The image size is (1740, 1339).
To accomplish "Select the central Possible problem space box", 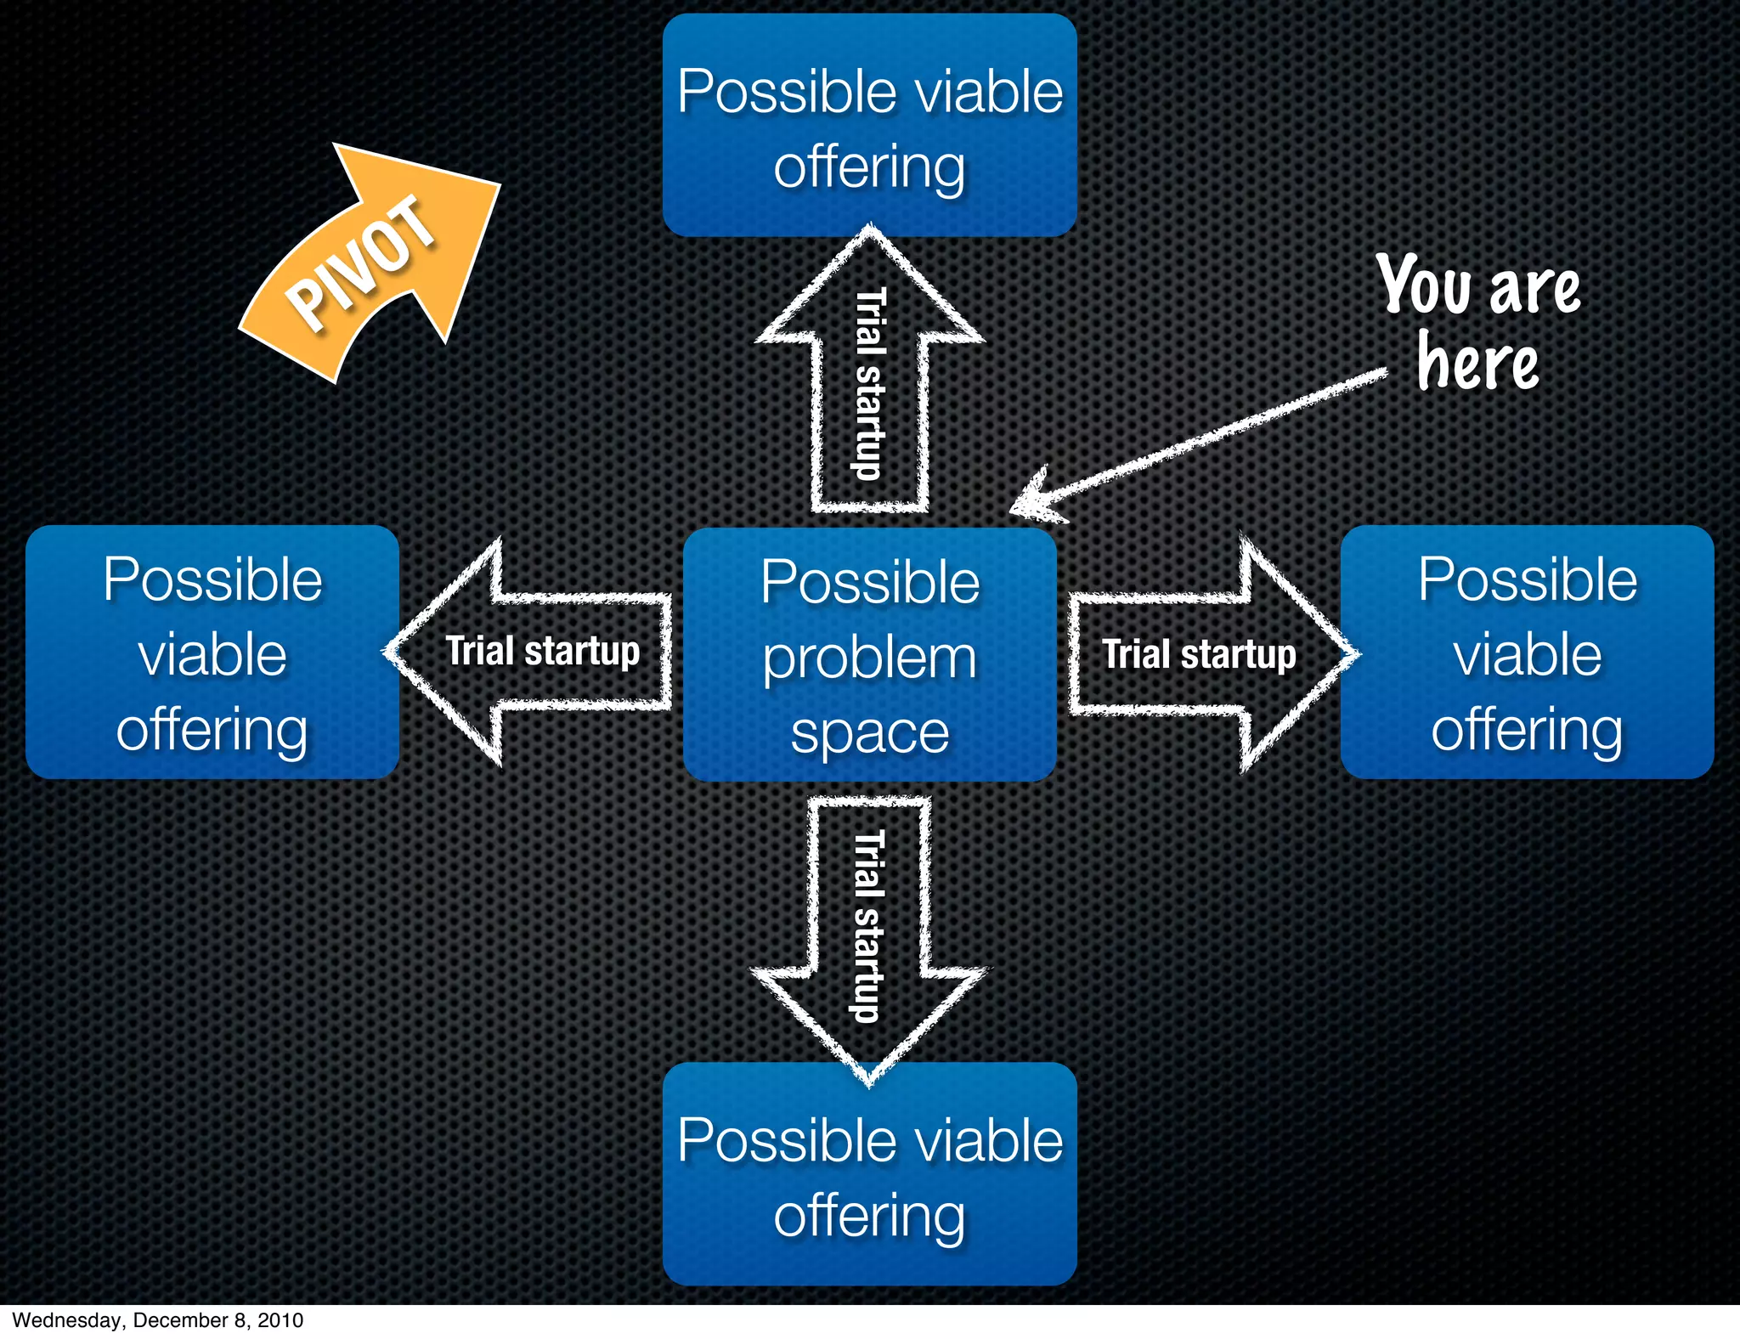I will [869, 654].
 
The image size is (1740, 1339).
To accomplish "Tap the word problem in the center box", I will [869, 658].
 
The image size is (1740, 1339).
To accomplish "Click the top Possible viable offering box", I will [869, 126].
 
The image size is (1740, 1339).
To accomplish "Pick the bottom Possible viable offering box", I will [869, 1174].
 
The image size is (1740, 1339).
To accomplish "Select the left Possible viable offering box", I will [212, 653].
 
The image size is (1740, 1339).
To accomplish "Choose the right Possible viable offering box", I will [1527, 653].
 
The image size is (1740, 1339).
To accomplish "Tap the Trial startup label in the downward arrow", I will [869, 926].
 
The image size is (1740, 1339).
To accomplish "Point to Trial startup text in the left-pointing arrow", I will [542, 652].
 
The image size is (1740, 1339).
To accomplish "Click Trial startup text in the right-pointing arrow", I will [1199, 654].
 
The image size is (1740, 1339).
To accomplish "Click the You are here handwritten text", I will [1478, 323].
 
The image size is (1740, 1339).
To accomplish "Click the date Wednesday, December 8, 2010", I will [158, 1320].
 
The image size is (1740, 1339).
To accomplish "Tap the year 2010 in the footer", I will [280, 1320].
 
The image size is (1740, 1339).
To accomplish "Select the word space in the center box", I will [869, 732].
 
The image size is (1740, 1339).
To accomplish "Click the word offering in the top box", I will [869, 167].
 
